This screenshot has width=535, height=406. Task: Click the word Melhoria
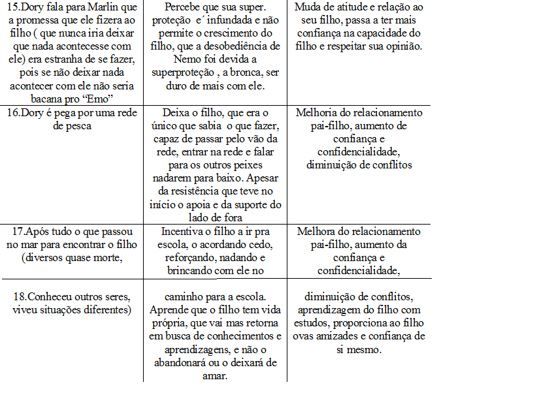[x=319, y=113]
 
